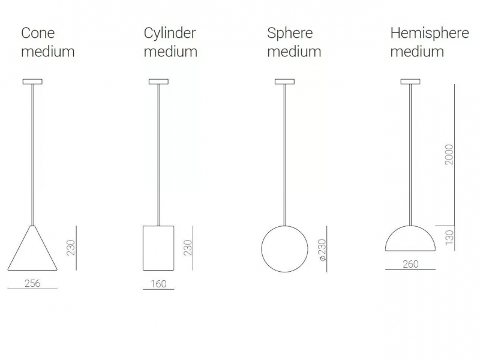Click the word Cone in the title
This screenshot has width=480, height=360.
point(38,33)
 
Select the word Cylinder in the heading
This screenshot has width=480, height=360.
point(170,34)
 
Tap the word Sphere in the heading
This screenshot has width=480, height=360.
point(290,34)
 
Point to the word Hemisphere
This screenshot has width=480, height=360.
point(430,34)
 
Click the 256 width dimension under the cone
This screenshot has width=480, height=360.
point(32,283)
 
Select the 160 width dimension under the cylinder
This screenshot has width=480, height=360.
point(158,284)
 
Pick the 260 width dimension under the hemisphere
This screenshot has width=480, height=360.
point(410,264)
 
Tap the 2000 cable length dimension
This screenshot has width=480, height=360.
point(449,155)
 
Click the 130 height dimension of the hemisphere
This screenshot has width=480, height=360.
point(449,238)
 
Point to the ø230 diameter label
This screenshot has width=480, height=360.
point(322,250)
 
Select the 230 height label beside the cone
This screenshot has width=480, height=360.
point(71,248)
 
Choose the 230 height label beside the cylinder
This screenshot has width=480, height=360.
point(188,248)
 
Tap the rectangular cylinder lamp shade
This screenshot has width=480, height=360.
point(143,248)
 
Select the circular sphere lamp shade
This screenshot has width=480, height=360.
point(262,249)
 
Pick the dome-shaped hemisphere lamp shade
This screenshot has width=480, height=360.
point(410,226)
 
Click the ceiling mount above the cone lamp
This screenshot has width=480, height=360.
point(32,82)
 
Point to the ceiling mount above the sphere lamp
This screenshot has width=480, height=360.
point(284,82)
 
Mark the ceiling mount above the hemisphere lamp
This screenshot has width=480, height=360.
point(410,82)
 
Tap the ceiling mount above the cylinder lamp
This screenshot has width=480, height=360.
point(158,82)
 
